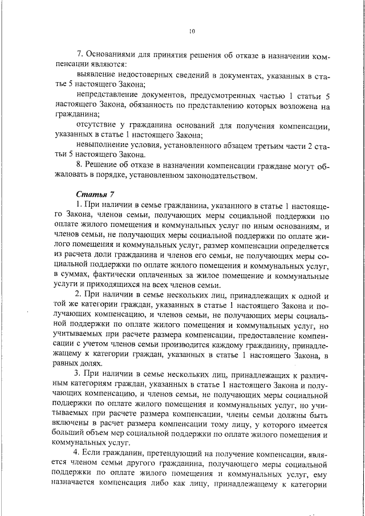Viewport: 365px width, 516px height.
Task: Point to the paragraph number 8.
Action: click(80, 165)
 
